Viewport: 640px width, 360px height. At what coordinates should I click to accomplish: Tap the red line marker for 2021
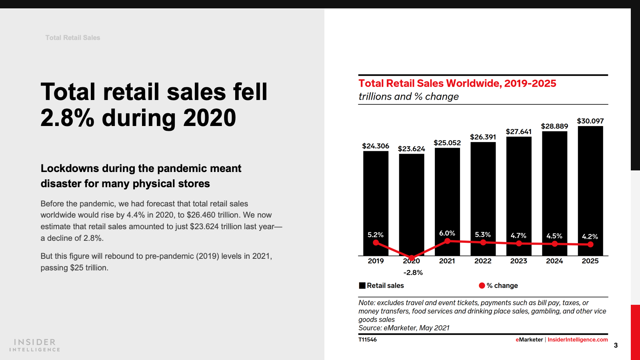[447, 241]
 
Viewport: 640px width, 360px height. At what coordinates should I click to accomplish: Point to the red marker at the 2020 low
[412, 258]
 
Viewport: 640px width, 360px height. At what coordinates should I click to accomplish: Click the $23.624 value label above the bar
[411, 149]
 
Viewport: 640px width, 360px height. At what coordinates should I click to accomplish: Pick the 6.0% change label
[447, 233]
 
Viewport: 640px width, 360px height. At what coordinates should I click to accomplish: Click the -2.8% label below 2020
[413, 272]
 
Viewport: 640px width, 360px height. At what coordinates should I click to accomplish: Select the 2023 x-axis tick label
[518, 261]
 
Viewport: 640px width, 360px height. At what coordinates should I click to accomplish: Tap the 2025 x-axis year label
[590, 261]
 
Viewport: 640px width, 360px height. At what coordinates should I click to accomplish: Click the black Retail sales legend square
[362, 286]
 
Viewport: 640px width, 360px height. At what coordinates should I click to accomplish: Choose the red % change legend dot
[482, 286]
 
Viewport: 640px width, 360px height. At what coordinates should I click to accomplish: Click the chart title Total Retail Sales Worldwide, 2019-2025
[457, 83]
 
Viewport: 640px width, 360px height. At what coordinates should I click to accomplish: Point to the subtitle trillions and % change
[408, 97]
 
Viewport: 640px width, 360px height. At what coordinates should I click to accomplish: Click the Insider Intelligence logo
[35, 345]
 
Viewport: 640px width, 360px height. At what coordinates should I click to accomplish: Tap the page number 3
[616, 345]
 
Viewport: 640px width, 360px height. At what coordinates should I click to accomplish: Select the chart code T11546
[367, 340]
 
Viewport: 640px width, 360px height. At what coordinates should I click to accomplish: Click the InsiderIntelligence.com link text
[577, 340]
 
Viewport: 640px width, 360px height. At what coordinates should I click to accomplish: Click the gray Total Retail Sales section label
[73, 38]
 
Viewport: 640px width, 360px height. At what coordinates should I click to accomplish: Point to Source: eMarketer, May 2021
[404, 328]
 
